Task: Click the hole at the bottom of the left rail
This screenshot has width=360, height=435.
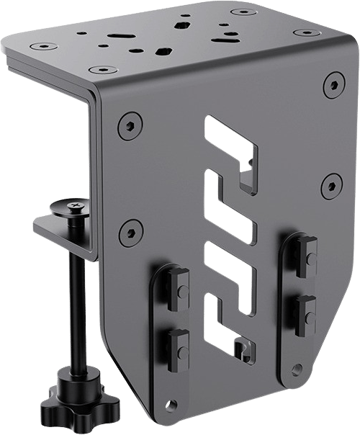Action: pos(171,404)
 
